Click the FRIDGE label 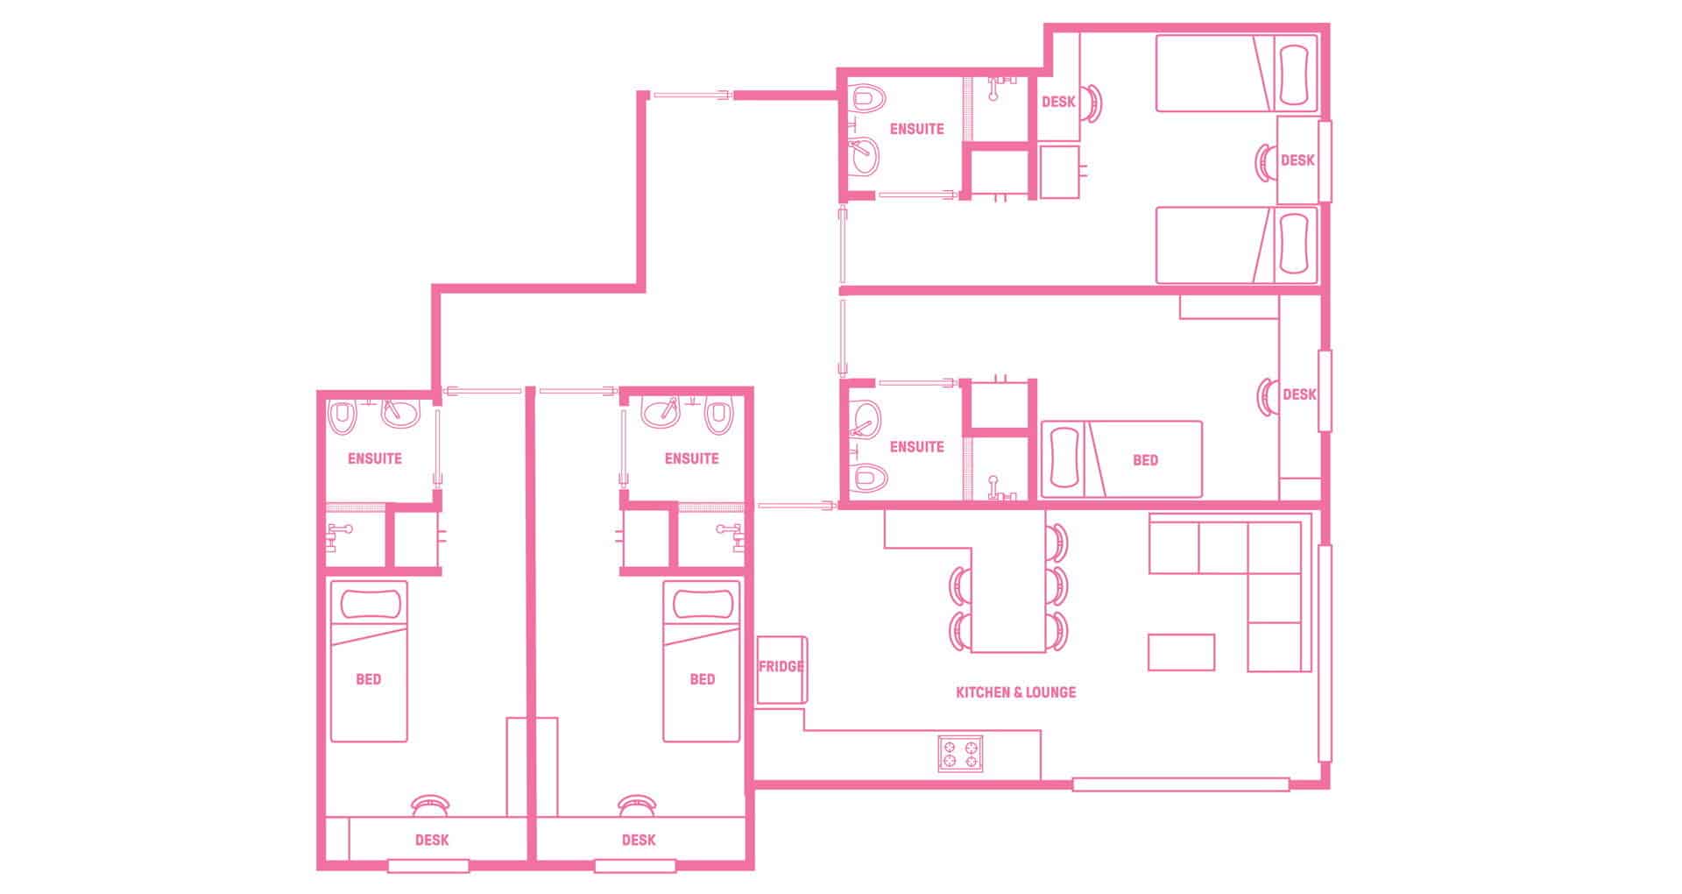[x=781, y=666]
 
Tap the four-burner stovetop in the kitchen [x=960, y=753]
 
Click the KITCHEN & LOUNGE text [x=1015, y=692]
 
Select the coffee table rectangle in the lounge [x=1181, y=652]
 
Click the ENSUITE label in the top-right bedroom [x=916, y=129]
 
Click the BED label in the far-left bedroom [x=369, y=679]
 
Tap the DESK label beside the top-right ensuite [x=1058, y=102]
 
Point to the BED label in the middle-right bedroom [x=1145, y=460]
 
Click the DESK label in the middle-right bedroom [x=1299, y=394]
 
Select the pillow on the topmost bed [x=1297, y=74]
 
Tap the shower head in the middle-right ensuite [x=995, y=486]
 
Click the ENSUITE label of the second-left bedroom [x=691, y=458]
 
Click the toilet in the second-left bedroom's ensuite [x=719, y=415]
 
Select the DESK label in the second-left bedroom [x=639, y=840]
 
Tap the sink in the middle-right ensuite [x=866, y=420]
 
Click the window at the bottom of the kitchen [x=1180, y=785]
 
